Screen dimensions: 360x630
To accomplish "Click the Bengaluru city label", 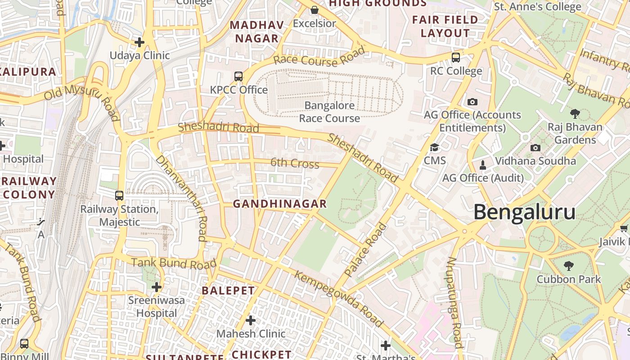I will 524,212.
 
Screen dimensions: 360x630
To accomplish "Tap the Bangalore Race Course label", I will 329,112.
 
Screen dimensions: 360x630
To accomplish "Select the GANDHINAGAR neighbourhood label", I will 279,204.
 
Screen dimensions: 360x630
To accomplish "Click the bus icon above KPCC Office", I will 238,76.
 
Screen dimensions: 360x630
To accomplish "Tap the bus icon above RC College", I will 456,58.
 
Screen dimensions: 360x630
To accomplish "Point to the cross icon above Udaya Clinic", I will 139,42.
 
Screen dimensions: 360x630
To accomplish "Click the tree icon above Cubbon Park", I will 569,265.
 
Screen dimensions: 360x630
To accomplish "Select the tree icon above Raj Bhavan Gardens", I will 575,113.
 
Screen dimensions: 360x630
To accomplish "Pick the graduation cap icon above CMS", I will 435,147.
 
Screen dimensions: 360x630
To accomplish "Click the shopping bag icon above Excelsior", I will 315,10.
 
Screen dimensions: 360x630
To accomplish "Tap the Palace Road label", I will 365,249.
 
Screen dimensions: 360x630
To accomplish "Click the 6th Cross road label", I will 295,163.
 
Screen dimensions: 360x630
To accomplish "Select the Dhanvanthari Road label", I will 181,198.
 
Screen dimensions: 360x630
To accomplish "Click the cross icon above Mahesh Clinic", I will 251,320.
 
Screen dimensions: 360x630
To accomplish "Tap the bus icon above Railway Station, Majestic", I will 119,196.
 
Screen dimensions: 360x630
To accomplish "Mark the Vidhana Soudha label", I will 535,161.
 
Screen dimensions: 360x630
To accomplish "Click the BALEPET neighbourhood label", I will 228,291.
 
